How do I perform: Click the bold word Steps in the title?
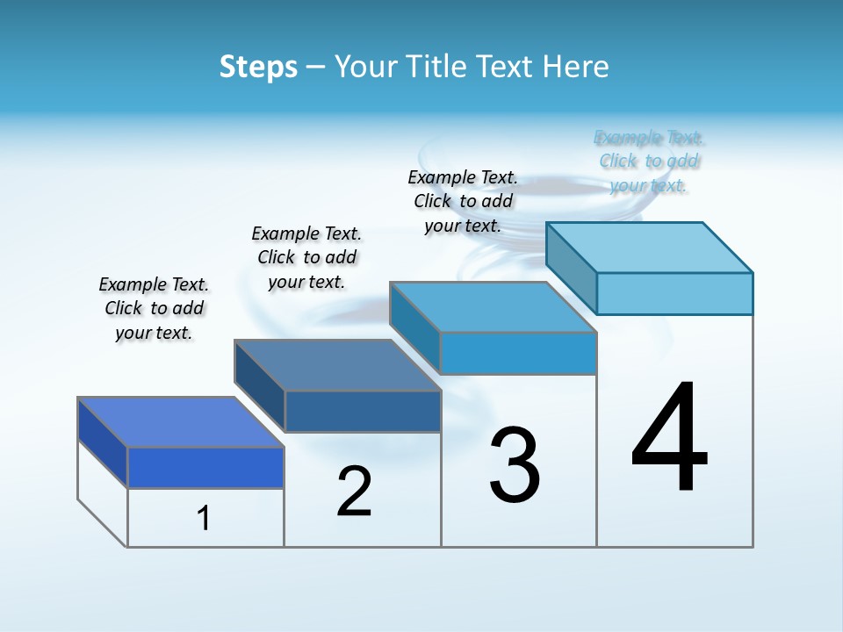click(258, 67)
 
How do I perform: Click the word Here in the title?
click(576, 67)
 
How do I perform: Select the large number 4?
click(670, 439)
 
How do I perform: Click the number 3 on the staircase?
click(515, 465)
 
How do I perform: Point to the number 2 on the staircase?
click(354, 492)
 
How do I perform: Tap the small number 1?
click(204, 519)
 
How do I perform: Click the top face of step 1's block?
click(181, 422)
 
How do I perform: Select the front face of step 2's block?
click(363, 411)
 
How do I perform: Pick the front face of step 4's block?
click(674, 293)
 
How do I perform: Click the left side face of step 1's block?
click(103, 442)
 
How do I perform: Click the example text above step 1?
click(154, 308)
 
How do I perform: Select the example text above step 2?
click(306, 257)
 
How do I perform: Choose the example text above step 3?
click(463, 201)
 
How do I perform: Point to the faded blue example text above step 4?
click(649, 162)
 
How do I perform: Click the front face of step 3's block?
click(518, 353)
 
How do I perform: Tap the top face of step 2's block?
click(337, 365)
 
